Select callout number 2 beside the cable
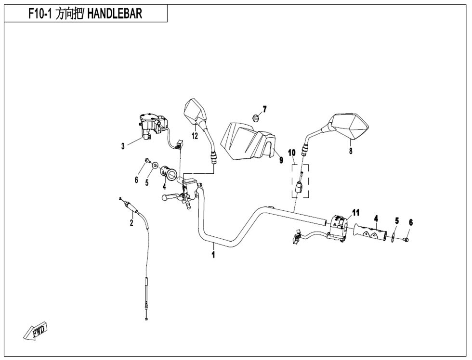(x=131, y=222)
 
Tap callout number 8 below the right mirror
(x=351, y=151)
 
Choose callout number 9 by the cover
(x=281, y=160)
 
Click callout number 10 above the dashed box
(x=291, y=153)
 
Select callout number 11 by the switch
(x=355, y=212)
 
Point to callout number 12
(x=195, y=136)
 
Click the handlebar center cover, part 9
(x=247, y=140)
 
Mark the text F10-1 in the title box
(x=31, y=14)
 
